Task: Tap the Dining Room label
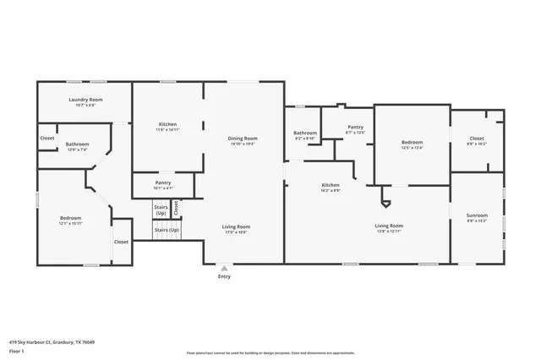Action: [243, 138]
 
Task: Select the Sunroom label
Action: [477, 215]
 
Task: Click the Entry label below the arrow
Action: [224, 276]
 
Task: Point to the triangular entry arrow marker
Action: [224, 268]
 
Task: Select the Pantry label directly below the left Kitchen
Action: [163, 183]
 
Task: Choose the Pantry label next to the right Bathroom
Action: [355, 127]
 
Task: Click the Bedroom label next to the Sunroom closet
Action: [412, 142]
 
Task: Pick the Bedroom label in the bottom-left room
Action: [69, 217]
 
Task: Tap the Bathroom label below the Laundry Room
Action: [77, 144]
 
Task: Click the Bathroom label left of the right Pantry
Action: [305, 133]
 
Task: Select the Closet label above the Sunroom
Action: [477, 138]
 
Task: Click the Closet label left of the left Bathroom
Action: [47, 138]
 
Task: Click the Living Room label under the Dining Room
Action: [236, 226]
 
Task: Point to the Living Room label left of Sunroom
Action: [389, 225]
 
